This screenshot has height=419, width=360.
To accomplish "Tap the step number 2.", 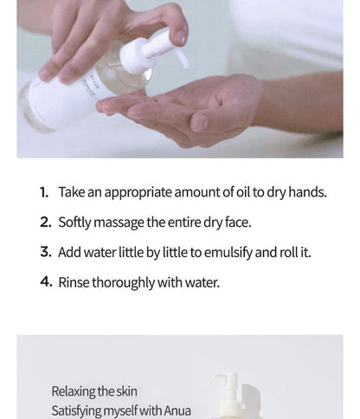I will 45,222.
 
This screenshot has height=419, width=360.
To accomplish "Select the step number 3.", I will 45,253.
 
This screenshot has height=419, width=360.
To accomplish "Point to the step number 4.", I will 45,282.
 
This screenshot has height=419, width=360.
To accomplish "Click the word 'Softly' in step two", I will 75,222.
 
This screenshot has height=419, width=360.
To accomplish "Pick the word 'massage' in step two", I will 119,223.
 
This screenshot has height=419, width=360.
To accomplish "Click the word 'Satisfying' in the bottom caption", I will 79,410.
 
